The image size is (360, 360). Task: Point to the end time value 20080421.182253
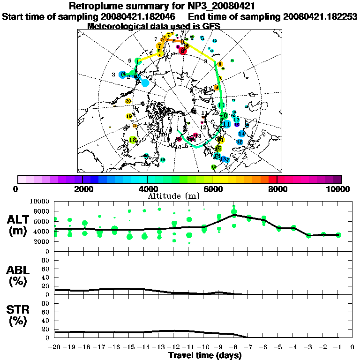(320, 16)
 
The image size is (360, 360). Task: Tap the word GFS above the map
(211, 26)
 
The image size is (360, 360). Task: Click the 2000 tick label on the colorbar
(82, 189)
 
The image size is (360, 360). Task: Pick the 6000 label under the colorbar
(212, 189)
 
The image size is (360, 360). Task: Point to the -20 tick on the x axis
(55, 347)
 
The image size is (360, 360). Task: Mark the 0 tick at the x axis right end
(352, 347)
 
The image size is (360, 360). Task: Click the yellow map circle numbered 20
(128, 101)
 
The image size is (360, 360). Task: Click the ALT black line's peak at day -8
(234, 215)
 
